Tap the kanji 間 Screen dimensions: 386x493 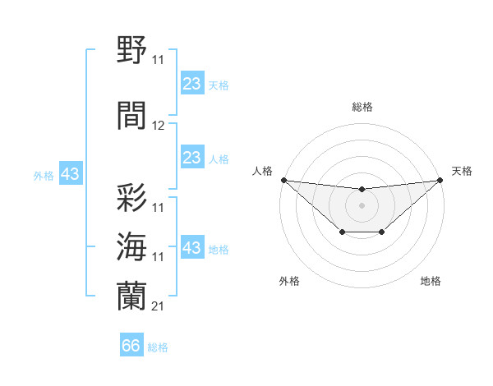pos(132,115)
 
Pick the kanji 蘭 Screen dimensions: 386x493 pos(132,296)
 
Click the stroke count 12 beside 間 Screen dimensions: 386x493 pos(159,126)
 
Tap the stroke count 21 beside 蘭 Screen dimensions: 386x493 pos(159,306)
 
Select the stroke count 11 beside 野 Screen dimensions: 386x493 pos(159,59)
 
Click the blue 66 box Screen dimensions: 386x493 pos(131,346)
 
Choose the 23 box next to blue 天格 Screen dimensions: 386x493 pos(191,83)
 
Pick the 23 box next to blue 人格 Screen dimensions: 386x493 pos(191,158)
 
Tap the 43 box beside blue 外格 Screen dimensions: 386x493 pos(70,174)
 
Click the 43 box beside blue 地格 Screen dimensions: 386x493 pos(191,248)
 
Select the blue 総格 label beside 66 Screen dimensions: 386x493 pos(159,347)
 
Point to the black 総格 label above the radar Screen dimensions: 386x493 pos(362,107)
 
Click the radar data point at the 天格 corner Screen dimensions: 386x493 pos(440,180)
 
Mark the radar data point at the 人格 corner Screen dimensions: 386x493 pos(283,180)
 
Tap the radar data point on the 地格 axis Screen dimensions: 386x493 pos(382,233)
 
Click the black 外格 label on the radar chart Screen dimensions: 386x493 pos(289,281)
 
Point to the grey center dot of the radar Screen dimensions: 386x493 pos(362,204)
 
